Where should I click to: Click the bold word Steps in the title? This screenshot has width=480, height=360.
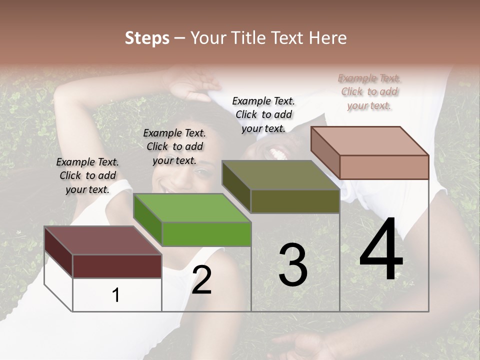(x=147, y=38)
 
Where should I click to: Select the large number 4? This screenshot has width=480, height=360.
(x=381, y=250)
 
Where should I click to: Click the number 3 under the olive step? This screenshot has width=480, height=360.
(x=292, y=265)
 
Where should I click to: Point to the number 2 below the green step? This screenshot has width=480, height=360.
(x=201, y=280)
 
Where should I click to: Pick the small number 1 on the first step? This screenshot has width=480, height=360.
(x=116, y=295)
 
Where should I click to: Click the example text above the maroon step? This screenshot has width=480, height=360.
(x=87, y=175)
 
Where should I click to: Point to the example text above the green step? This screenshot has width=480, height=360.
(x=174, y=146)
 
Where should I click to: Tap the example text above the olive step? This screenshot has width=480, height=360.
(x=263, y=114)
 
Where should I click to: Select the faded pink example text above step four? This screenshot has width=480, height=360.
(x=369, y=91)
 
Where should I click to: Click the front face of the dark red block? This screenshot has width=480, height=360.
(x=117, y=266)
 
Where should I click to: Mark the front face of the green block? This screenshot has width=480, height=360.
(x=206, y=234)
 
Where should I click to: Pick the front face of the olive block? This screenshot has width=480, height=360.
(x=295, y=201)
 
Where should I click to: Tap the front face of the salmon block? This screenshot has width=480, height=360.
(x=384, y=167)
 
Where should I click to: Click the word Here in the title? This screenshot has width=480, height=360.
(x=328, y=38)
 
